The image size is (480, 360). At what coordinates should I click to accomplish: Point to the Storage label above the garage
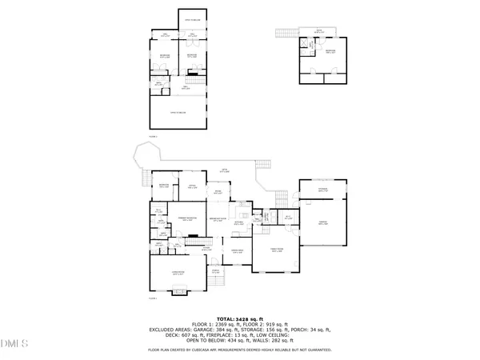(322, 190)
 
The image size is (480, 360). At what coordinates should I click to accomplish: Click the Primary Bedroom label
(187, 219)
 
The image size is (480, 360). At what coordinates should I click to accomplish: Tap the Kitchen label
(238, 224)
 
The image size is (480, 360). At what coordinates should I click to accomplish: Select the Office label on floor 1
(192, 186)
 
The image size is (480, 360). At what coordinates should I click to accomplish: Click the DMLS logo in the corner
(14, 345)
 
